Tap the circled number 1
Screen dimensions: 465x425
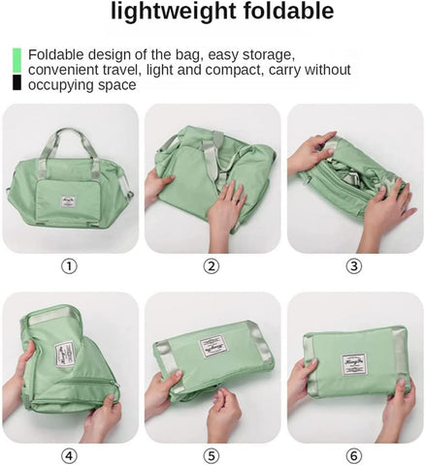click(x=70, y=266)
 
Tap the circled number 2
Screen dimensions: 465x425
click(x=212, y=266)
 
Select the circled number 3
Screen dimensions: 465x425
click(x=354, y=266)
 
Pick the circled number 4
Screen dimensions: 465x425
click(x=70, y=456)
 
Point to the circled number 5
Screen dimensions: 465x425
click(x=212, y=456)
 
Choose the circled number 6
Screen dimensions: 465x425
click(x=354, y=456)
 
